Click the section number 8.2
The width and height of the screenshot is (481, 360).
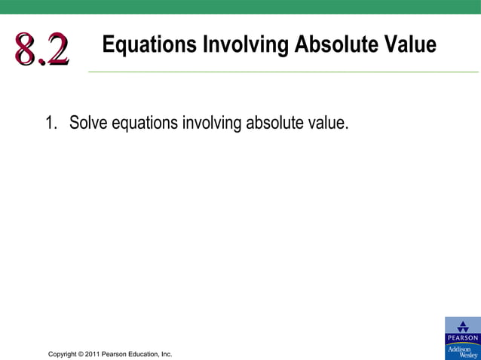tap(41, 50)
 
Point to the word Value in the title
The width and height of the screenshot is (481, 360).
tap(411, 44)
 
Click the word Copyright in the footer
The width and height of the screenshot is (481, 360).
tap(64, 354)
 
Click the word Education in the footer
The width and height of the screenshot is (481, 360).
tap(145, 354)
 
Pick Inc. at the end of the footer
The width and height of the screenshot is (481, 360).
tap(166, 354)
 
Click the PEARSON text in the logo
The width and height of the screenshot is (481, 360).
tap(462, 338)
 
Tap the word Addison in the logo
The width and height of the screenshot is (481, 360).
tap(460, 348)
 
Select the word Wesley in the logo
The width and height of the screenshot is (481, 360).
tap(467, 355)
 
